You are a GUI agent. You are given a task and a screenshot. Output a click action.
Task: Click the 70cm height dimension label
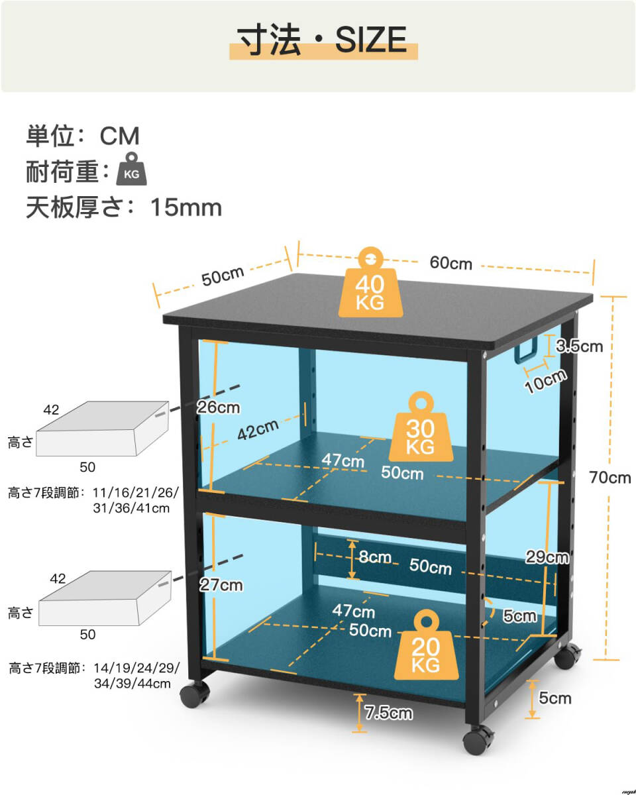(x=610, y=477)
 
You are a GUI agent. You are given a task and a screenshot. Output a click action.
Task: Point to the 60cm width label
(x=451, y=263)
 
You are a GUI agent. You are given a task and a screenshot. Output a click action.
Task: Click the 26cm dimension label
(x=218, y=407)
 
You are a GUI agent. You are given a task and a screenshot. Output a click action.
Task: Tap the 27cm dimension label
(x=221, y=585)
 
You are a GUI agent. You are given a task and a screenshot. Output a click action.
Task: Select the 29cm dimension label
(x=547, y=557)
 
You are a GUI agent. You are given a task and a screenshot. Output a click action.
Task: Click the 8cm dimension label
(x=375, y=557)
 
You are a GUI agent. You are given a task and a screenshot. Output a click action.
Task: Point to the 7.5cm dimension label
(x=389, y=713)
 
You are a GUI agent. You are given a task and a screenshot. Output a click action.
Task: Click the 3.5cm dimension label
(x=579, y=345)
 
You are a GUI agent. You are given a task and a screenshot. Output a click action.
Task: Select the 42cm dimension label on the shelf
(x=258, y=430)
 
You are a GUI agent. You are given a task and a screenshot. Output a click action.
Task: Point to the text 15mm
(x=186, y=207)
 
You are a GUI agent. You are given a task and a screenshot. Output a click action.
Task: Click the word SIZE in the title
(x=370, y=40)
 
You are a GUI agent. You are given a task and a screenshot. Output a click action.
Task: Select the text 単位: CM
(x=83, y=136)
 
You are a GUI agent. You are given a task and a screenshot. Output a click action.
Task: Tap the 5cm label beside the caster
(x=555, y=698)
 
